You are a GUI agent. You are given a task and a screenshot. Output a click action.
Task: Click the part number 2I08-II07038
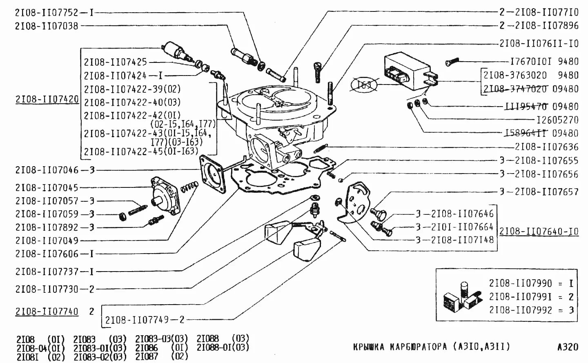(46, 26)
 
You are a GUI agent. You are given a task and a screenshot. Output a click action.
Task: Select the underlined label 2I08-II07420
(47, 99)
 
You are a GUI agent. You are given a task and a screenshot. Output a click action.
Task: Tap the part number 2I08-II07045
(47, 187)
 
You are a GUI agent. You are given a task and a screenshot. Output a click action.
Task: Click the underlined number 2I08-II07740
(47, 312)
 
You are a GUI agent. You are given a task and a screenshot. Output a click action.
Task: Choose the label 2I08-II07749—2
(145, 320)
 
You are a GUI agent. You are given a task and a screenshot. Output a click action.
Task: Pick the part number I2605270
(557, 120)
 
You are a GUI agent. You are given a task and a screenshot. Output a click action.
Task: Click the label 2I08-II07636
(546, 147)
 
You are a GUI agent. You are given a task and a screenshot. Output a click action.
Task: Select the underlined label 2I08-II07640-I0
(539, 232)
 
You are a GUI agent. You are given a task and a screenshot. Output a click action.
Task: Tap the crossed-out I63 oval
(365, 85)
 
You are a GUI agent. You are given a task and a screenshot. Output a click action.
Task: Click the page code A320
(568, 347)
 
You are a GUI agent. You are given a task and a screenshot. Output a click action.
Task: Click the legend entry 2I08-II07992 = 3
(531, 310)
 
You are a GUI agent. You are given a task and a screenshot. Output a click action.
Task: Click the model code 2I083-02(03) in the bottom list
(100, 356)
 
